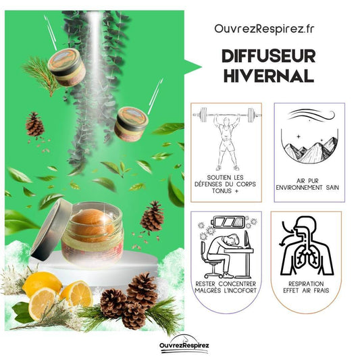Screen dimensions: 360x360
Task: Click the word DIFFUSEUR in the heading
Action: pyautogui.click(x=269, y=56)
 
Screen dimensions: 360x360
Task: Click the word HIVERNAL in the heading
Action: pyautogui.click(x=269, y=76)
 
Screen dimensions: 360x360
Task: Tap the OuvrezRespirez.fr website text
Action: pyautogui.click(x=264, y=30)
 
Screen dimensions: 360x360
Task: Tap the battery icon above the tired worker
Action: pyautogui.click(x=229, y=222)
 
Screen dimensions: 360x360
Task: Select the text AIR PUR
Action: pyautogui.click(x=307, y=181)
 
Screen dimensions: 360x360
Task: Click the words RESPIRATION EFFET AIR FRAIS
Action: pyautogui.click(x=306, y=287)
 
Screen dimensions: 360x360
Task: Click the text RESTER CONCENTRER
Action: pyautogui.click(x=226, y=284)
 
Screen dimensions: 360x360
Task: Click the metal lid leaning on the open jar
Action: pyautogui.click(x=50, y=230)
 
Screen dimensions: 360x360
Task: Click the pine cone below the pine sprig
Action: pyautogui.click(x=34, y=124)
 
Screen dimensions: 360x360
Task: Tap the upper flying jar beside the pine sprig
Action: pyautogui.click(x=67, y=67)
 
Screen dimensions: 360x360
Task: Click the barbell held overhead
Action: pyautogui.click(x=226, y=115)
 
